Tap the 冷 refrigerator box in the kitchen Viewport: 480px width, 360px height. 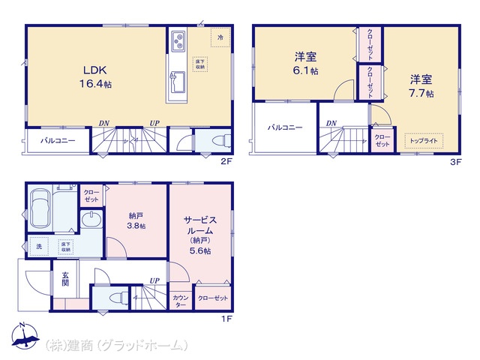(x=220, y=37)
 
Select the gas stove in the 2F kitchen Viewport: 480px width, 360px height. (x=178, y=40)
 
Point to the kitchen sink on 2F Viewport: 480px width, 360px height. (x=178, y=79)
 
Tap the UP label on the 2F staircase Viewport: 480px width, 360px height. (x=153, y=123)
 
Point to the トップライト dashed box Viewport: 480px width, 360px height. (x=424, y=140)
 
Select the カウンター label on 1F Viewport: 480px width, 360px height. (x=181, y=301)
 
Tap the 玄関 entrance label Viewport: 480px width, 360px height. (x=64, y=279)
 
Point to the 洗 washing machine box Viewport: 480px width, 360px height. (x=38, y=245)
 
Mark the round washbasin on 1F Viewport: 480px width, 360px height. (x=91, y=219)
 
